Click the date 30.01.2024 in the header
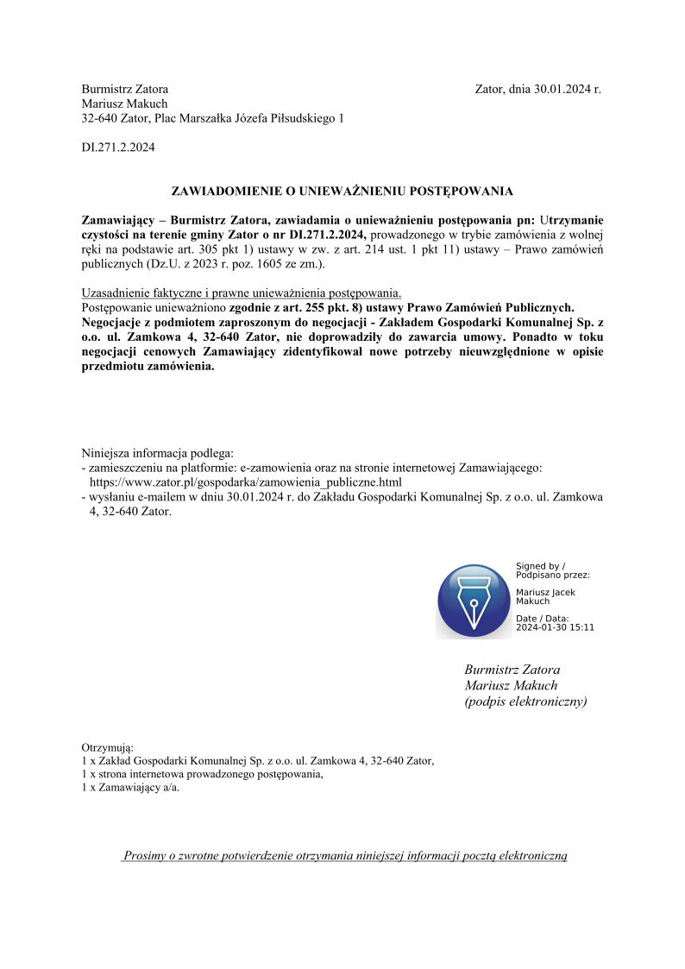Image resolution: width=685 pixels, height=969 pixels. pos(561,89)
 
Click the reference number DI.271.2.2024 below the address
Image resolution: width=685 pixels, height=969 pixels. pos(118,148)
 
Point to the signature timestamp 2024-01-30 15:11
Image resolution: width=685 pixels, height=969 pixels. pos(555,627)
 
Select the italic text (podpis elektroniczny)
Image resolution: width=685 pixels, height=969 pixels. pos(525,702)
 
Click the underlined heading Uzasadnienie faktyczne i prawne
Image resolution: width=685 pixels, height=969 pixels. pos(241,292)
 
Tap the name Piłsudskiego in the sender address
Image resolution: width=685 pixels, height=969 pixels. pos(300,118)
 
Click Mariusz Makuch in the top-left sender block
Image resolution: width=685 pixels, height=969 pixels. pos(124,104)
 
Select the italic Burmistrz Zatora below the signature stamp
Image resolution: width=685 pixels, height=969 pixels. pos(512,670)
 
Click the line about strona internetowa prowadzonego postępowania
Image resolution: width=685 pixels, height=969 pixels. pos(202,774)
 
